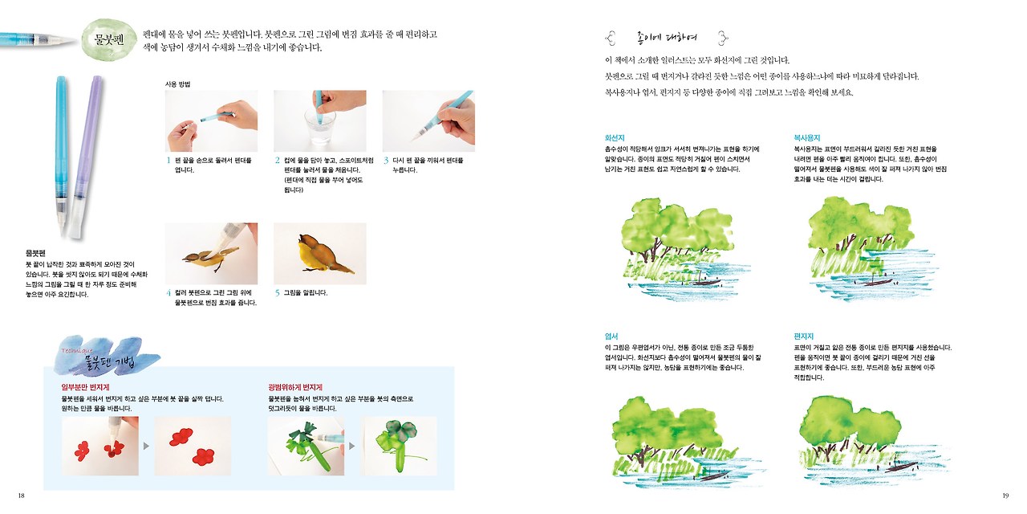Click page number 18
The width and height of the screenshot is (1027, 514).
click(21, 495)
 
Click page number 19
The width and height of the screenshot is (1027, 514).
click(1005, 495)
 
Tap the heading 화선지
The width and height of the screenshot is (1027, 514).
click(615, 137)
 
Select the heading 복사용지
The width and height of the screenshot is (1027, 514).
click(806, 137)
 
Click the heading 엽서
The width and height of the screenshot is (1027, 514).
click(611, 336)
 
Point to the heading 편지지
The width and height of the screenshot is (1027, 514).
click(804, 336)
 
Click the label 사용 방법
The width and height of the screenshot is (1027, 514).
click(177, 84)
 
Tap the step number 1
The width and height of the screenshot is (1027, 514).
click(168, 160)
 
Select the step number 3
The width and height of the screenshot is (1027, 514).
click(386, 160)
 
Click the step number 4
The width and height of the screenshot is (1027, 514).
click(168, 292)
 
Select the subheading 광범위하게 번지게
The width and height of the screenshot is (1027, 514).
click(295, 387)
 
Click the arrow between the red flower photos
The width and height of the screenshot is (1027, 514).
click(147, 444)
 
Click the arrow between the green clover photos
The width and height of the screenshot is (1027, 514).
click(353, 444)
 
